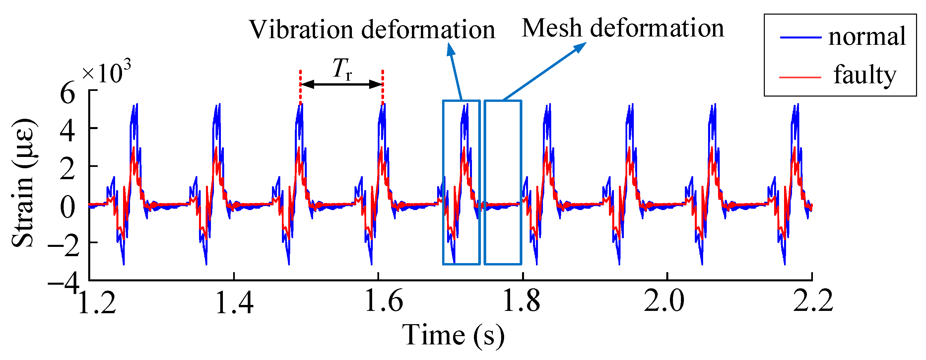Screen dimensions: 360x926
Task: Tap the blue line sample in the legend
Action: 801,37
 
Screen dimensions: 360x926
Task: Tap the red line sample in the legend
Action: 800,77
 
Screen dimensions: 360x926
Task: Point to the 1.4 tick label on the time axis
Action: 234,301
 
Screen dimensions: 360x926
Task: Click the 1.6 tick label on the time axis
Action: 383,301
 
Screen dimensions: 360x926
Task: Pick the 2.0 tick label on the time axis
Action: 664,301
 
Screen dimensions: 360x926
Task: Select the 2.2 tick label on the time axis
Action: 813,301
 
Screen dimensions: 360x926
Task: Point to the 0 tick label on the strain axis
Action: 68,207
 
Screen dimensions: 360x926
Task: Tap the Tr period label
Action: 342,69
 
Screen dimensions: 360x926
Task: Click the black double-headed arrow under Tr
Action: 341,85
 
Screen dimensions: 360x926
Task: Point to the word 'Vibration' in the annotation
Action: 301,30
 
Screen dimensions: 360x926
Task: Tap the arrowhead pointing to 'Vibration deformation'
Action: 450,50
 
